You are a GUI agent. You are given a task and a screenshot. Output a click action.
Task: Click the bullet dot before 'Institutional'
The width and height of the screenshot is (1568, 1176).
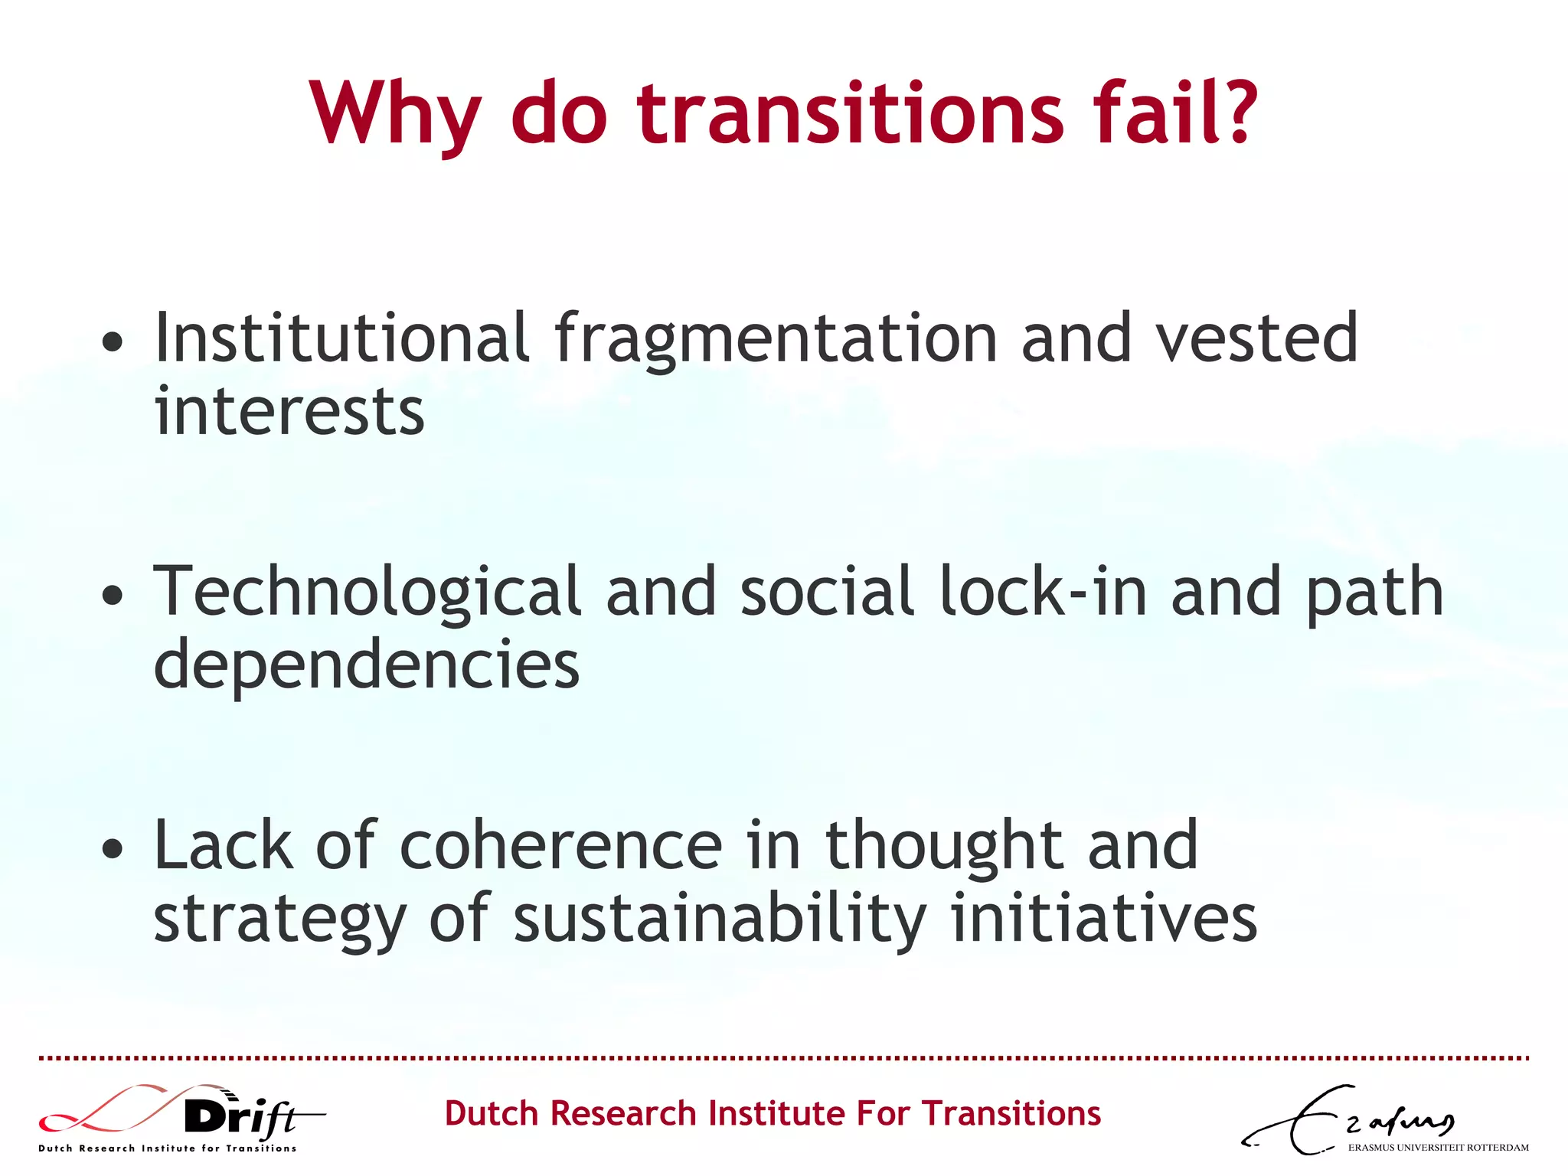pos(113,341)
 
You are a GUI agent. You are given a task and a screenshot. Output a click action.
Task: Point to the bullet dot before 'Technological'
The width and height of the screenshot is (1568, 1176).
pos(113,594)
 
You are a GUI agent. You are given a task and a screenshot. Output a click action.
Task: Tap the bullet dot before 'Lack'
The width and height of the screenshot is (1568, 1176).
pos(113,848)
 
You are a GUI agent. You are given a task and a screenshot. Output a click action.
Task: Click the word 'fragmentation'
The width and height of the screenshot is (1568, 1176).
pos(776,340)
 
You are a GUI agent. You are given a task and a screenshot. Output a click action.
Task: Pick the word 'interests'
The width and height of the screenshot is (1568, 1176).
pos(289,411)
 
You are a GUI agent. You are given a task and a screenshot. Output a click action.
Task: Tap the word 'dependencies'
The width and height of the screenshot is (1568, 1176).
pos(366,665)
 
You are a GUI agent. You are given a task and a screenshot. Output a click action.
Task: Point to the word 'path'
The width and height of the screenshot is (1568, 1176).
pos(1374,593)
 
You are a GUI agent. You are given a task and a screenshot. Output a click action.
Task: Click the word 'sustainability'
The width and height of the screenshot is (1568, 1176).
pos(720,919)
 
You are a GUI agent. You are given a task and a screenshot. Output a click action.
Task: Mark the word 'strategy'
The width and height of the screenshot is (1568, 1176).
pos(279,919)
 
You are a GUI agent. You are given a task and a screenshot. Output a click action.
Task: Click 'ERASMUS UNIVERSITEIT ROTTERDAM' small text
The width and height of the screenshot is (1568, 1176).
pos(1438,1148)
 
